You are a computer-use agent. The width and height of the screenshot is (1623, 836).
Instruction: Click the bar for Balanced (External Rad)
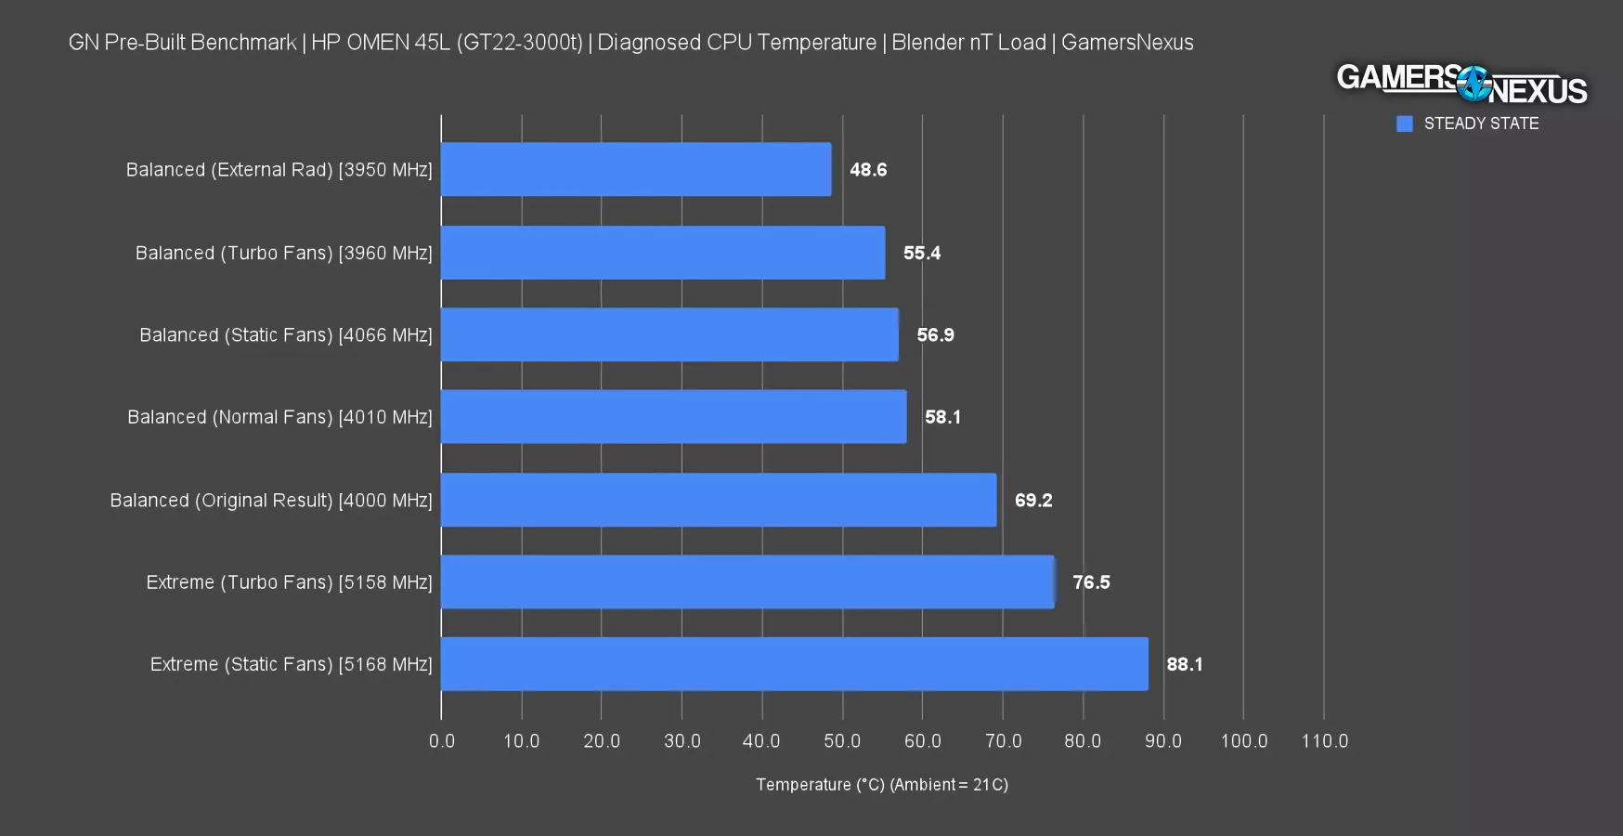pyautogui.click(x=636, y=169)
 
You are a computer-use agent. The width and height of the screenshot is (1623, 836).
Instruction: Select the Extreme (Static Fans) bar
pyautogui.click(x=794, y=664)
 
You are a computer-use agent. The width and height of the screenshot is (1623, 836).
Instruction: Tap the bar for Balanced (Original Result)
pyautogui.click(x=718, y=500)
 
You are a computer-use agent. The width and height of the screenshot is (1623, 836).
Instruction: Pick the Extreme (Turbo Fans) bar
pyautogui.click(x=747, y=582)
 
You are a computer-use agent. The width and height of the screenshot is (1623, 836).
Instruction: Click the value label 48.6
pyautogui.click(x=868, y=170)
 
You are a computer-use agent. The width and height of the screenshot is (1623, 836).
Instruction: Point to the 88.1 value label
pyautogui.click(x=1184, y=664)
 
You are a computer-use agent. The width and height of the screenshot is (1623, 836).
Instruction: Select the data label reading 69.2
pyautogui.click(x=1032, y=501)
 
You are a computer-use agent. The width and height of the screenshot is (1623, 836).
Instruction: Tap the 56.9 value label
pyautogui.click(x=935, y=335)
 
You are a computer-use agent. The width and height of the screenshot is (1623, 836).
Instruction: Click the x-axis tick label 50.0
pyautogui.click(x=842, y=741)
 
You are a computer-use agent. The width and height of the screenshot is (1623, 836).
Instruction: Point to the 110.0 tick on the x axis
pyautogui.click(x=1324, y=741)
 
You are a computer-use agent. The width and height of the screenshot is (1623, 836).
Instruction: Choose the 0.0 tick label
pyautogui.click(x=442, y=741)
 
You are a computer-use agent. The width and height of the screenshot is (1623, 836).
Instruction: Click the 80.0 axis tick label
pyautogui.click(x=1083, y=741)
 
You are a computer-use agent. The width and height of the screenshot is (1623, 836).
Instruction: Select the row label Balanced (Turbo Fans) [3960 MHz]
pyautogui.click(x=283, y=253)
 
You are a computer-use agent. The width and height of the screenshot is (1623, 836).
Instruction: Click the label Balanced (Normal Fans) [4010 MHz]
pyautogui.click(x=279, y=417)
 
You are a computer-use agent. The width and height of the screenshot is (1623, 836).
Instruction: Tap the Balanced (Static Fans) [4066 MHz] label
pyautogui.click(x=285, y=335)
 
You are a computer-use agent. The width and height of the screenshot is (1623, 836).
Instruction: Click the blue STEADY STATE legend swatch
pyautogui.click(x=1404, y=124)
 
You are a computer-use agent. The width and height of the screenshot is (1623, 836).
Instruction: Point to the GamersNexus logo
pyautogui.click(x=1461, y=85)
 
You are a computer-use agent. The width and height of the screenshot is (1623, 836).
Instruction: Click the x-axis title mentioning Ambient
pyautogui.click(x=881, y=785)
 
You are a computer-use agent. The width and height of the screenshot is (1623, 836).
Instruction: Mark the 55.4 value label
pyautogui.click(x=921, y=253)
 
